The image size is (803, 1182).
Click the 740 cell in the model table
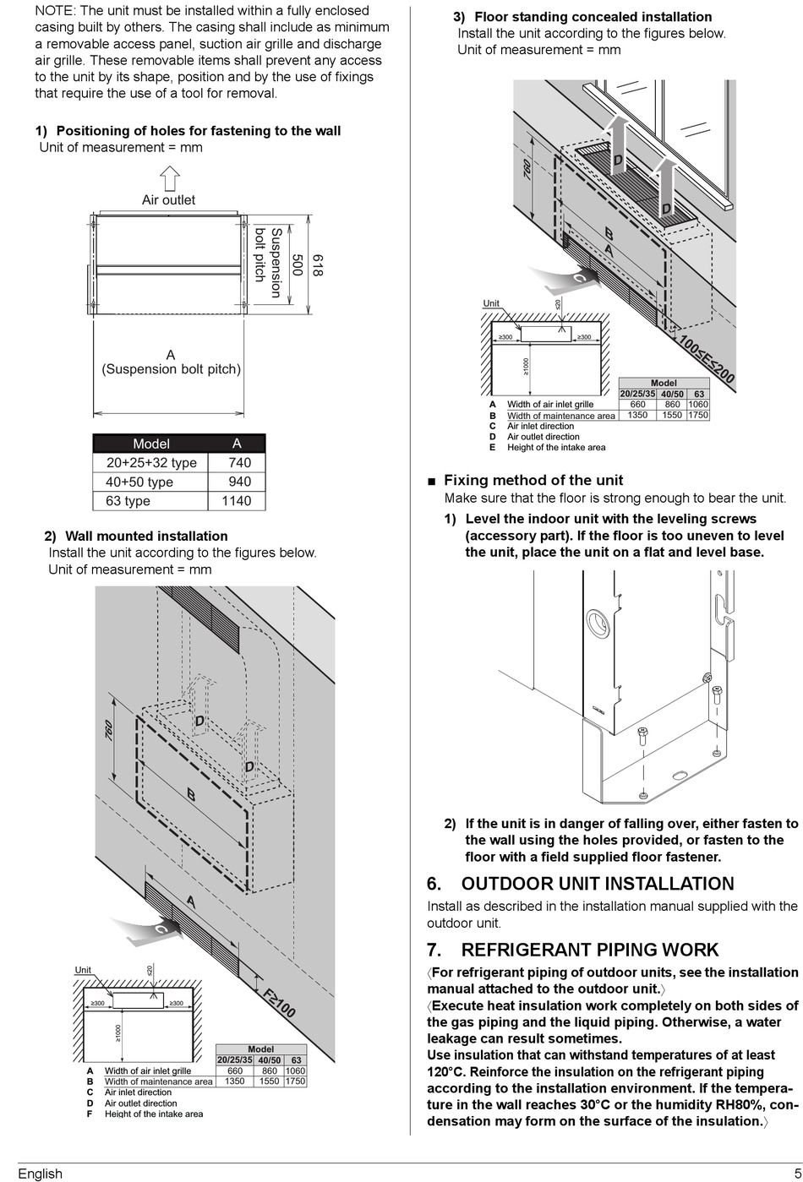[239, 463]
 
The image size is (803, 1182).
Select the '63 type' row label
[128, 501]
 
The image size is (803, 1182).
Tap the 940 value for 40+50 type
[239, 482]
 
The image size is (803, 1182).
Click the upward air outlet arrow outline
[170, 178]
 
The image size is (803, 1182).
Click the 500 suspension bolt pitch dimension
[297, 265]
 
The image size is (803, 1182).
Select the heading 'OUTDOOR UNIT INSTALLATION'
[597, 884]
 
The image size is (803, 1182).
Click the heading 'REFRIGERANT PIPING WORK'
[589, 950]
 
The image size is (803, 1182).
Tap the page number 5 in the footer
[797, 1173]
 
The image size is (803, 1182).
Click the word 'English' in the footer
[40, 1173]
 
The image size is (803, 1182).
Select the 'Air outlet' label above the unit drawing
[168, 200]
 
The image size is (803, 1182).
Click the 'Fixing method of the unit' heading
[533, 480]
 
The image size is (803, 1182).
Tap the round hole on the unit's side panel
[597, 624]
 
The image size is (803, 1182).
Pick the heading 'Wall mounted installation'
[146, 537]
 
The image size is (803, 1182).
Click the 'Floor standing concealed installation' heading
[593, 17]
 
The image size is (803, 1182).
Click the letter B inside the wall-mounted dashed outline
[191, 795]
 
